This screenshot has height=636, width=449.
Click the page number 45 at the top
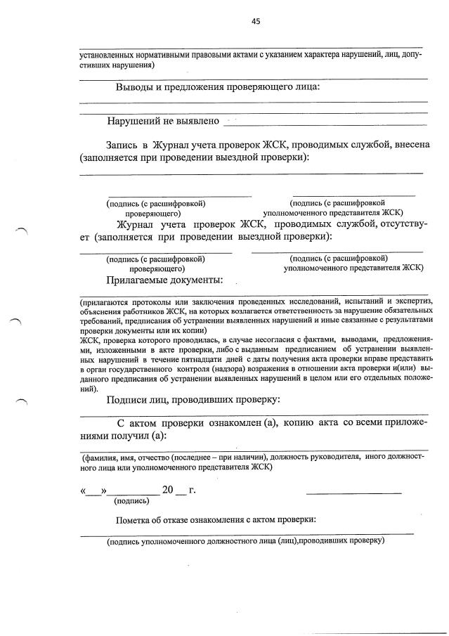[x=256, y=21]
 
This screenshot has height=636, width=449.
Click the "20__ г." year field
[x=177, y=490]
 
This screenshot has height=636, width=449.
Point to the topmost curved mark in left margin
[x=21, y=230]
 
